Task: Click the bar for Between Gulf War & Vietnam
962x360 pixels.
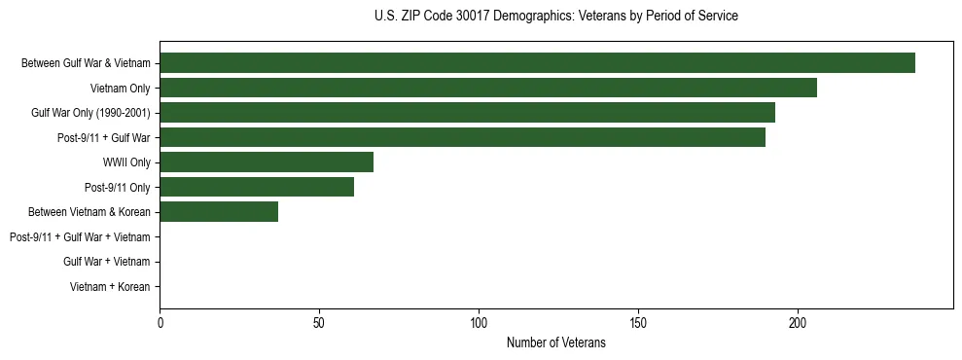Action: [537, 63]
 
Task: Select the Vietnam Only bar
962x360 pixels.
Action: [488, 88]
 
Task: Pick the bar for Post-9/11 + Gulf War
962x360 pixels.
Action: [462, 137]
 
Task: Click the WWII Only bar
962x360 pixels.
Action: [267, 162]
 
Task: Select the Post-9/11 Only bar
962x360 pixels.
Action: [257, 187]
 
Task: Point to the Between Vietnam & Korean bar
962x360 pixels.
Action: [219, 212]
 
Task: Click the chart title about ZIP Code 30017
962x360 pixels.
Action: [555, 17]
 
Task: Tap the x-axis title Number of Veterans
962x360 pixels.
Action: [555, 342]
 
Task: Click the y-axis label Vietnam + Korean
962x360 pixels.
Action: [110, 286]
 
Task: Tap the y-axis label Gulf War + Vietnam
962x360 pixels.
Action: [106, 262]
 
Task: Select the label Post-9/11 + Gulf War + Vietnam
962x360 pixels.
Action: [80, 236]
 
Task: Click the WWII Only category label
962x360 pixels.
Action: [126, 162]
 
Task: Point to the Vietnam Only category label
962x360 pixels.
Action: [120, 89]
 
